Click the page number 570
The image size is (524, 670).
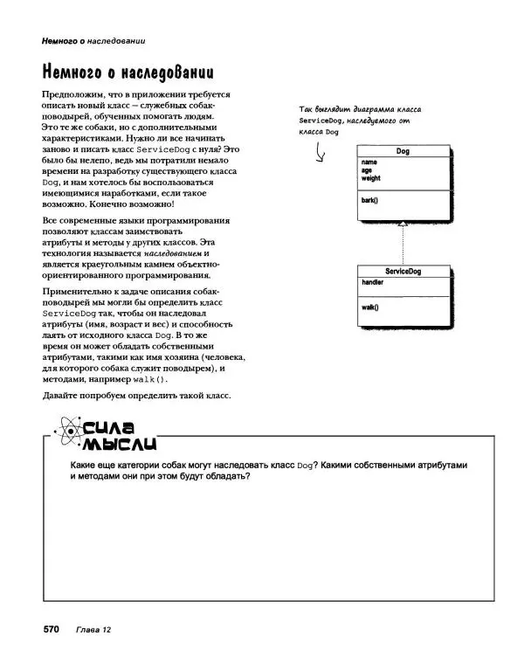click(46, 629)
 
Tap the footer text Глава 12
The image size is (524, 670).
click(93, 630)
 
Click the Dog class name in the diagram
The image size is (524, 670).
click(403, 152)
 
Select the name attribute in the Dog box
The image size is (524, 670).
click(369, 162)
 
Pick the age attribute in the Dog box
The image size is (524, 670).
click(367, 170)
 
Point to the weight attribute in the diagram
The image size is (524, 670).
click(371, 178)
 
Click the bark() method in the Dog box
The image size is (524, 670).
click(369, 200)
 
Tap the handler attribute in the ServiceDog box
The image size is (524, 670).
click(372, 283)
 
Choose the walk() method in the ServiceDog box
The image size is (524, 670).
click(370, 307)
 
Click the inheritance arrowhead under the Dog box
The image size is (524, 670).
click(403, 225)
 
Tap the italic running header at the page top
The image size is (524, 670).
click(80, 40)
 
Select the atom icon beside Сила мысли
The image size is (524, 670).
click(63, 428)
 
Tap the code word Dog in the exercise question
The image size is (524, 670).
click(305, 466)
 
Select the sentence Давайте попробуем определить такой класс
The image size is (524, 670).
click(136, 397)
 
